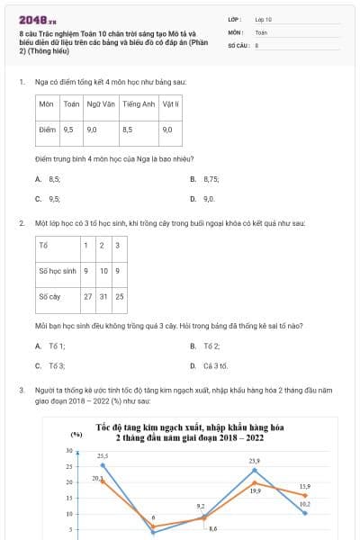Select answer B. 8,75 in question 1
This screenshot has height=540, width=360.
(209, 179)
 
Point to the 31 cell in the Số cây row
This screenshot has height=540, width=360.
(104, 294)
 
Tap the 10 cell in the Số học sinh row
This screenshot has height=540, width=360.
(104, 269)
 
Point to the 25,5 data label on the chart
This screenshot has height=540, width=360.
(103, 456)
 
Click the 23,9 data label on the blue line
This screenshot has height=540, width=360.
(255, 461)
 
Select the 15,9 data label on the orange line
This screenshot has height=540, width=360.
(305, 486)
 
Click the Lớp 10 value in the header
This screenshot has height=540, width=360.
(264, 18)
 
